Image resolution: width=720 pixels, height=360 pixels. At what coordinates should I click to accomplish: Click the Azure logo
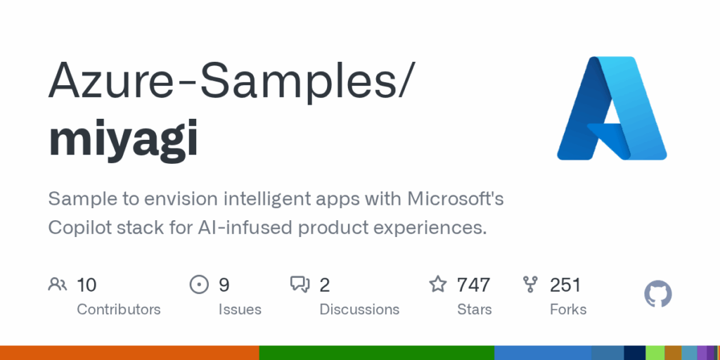point(612,108)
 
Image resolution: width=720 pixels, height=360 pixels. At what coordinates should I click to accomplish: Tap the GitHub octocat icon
point(658,294)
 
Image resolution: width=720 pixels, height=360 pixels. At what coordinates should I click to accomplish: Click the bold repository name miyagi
point(124,137)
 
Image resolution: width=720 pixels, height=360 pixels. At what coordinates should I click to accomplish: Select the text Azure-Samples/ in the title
point(232,82)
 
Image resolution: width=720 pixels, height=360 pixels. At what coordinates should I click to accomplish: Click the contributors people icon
point(58,285)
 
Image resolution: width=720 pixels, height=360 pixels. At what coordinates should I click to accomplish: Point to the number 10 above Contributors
point(86,285)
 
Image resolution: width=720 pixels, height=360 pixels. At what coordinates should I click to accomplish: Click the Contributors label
point(118,309)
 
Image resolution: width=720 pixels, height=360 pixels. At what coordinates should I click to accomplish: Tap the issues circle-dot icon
point(199,285)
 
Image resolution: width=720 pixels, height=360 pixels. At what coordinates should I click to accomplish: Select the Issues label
point(240,309)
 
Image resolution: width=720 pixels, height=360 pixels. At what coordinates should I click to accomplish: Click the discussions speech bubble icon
point(300,285)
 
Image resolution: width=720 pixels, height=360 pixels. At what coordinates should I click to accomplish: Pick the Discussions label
point(359,309)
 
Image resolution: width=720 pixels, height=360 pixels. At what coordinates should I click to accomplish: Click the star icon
point(437,284)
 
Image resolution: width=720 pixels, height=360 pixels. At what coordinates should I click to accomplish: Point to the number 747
point(473,285)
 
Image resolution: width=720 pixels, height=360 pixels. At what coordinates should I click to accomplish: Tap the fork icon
point(530,285)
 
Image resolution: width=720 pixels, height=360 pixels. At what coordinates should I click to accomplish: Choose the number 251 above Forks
point(565,285)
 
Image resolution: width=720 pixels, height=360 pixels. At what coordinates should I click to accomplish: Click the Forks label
point(568,309)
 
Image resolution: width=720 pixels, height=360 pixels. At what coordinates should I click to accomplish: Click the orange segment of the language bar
point(129,353)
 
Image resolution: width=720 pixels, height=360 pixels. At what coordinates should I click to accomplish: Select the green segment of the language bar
point(377,353)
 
